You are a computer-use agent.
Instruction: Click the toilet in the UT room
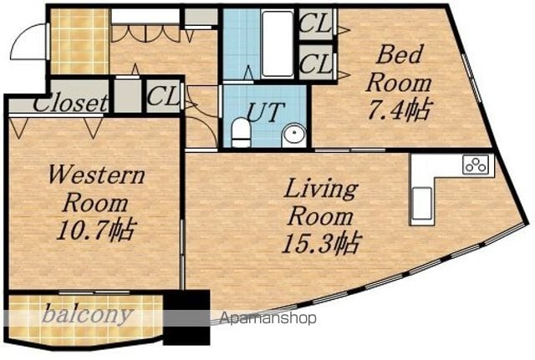241,132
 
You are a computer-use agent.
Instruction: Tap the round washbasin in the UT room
293,135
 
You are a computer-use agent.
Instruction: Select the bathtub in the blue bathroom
278,43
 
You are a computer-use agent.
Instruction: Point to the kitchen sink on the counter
422,204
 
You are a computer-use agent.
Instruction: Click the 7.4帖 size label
399,109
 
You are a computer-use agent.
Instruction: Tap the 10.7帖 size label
96,231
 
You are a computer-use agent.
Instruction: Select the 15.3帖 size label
321,243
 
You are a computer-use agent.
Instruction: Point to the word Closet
70,103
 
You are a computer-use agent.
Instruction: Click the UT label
265,112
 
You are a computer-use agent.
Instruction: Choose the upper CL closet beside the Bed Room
316,23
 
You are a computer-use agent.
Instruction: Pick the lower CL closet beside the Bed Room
316,63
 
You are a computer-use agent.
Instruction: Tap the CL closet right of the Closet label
164,96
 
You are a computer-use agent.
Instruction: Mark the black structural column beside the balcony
186,317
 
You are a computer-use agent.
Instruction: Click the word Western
97,175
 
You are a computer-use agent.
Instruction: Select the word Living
321,189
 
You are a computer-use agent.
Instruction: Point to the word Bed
399,54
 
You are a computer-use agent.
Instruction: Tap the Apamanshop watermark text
267,318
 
